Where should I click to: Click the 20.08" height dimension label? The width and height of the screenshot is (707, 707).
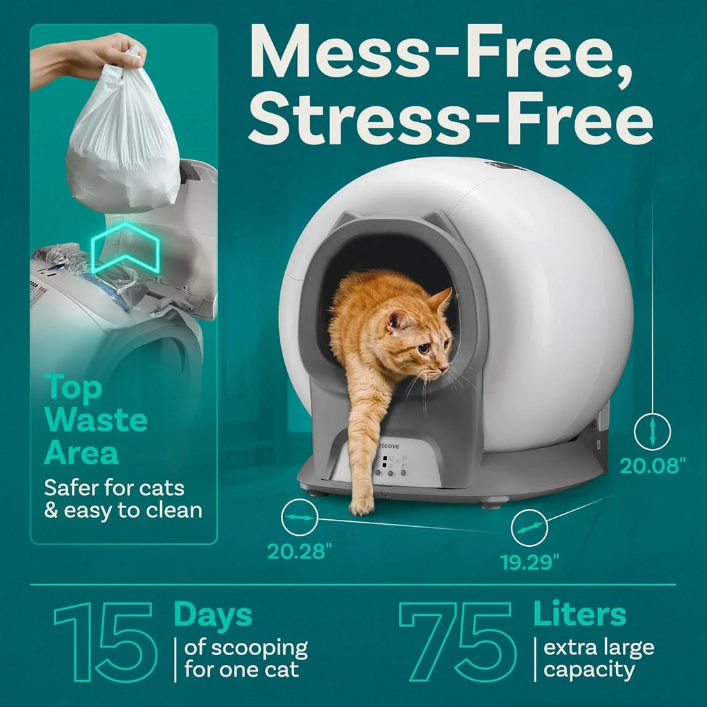click(652, 465)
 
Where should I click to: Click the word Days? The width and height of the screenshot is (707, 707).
click(213, 614)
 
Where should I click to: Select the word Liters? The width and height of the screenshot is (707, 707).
click(579, 614)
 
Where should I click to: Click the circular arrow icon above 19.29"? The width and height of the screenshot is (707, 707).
click(529, 529)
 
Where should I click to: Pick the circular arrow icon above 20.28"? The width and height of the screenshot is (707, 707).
click(300, 516)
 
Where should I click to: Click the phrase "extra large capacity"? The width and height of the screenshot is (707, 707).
click(598, 659)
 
